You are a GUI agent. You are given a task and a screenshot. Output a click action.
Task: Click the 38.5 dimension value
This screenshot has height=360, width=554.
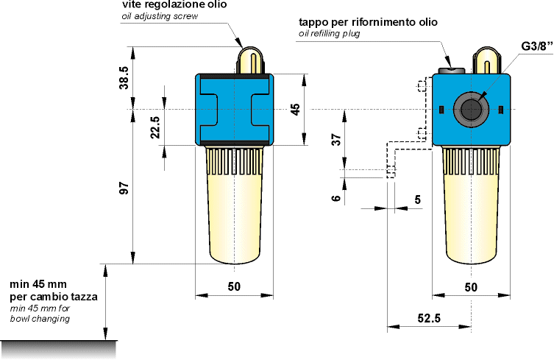pos(124,78)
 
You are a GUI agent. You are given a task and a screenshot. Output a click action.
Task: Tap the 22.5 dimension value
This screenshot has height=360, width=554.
pos(155,127)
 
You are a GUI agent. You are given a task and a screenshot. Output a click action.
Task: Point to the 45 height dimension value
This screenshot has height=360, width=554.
pos(295,110)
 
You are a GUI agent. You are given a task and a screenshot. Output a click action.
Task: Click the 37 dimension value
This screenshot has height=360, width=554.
pos(336,139)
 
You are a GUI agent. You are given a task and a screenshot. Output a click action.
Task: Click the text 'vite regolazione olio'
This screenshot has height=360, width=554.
pos(174,5)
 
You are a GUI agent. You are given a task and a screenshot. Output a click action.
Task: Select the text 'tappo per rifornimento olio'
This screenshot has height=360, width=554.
pos(368,22)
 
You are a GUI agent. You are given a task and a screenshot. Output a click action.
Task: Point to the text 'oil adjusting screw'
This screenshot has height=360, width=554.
pos(160,16)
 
